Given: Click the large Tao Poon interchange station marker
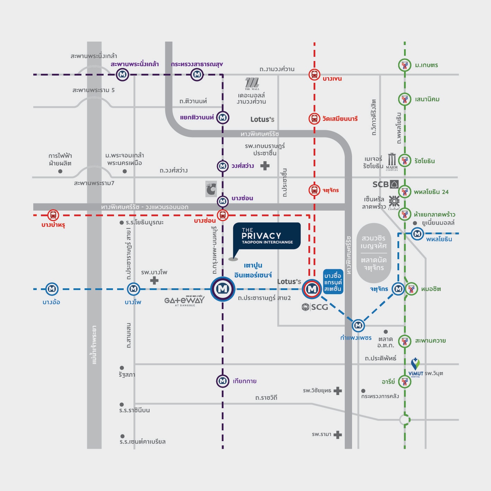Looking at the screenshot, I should [223, 289].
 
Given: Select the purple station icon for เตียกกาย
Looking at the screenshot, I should [222, 381].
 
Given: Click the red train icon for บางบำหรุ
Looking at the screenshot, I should [53, 215].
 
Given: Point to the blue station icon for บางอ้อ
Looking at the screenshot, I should [52, 289].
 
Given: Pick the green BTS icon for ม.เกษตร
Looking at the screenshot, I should [404, 65].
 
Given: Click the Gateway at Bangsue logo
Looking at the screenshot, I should [184, 301].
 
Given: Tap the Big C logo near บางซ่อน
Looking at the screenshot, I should [211, 189].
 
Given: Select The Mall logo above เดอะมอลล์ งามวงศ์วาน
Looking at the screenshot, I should [252, 84].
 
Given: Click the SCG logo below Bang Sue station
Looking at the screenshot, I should [315, 307].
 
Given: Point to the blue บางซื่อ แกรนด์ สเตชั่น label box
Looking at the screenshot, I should [333, 282].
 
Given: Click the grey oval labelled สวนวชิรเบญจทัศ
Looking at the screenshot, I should [374, 253].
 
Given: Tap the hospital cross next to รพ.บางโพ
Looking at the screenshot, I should [154, 280].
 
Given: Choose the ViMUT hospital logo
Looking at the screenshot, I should [415, 367].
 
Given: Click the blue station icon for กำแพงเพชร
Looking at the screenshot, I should [358, 325].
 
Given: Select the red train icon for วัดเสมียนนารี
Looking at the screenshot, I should [314, 119].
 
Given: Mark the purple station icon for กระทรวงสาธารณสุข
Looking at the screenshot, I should [197, 74].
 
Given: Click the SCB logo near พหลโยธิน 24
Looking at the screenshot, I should [385, 184].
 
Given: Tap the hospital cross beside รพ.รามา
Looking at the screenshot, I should [337, 435].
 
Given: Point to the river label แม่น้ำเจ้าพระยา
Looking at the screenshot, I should [94, 345].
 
